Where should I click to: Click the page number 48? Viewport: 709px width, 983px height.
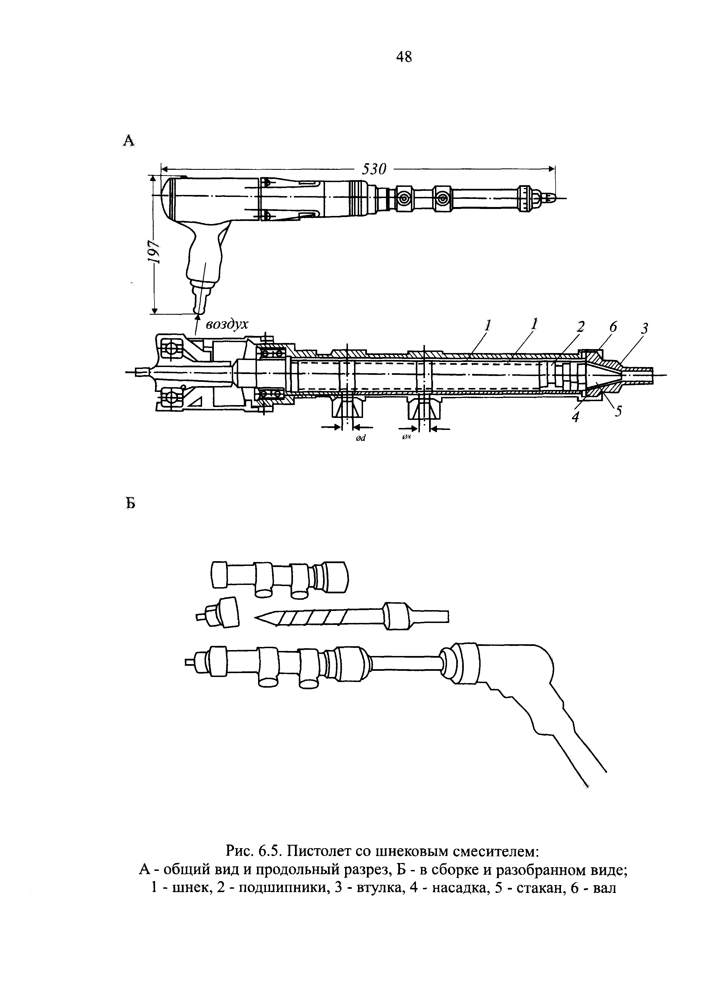click(x=404, y=57)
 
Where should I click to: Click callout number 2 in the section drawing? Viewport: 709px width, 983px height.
click(x=580, y=326)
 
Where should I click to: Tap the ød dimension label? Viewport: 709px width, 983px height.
click(x=361, y=438)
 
